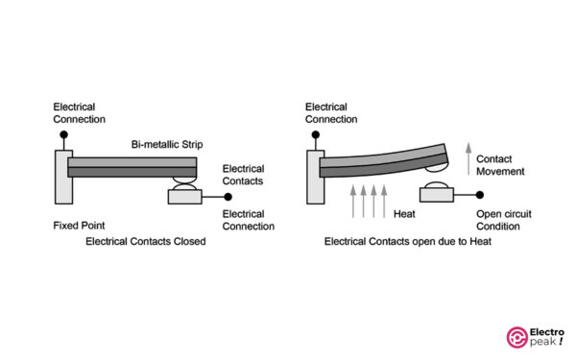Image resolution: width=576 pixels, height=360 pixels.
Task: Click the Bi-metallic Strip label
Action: coord(165,144)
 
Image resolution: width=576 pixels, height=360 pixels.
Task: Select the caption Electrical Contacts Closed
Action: coord(146,242)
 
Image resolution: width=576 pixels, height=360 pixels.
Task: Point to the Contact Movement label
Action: coord(502,164)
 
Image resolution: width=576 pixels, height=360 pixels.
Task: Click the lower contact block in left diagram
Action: coord(182,196)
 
